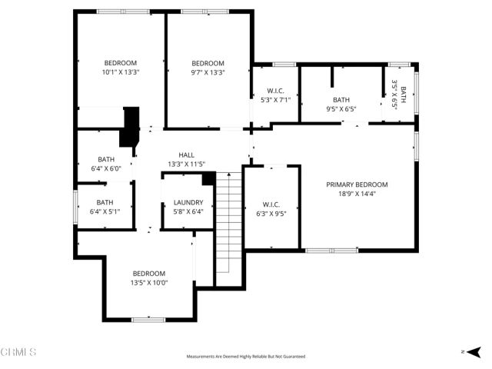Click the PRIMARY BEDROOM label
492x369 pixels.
click(357, 184)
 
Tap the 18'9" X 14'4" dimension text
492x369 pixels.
click(357, 194)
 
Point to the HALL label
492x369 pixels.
click(186, 155)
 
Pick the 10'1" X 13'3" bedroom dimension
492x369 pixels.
click(121, 72)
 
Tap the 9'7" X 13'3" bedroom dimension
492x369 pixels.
click(208, 72)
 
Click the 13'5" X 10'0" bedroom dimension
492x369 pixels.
click(149, 283)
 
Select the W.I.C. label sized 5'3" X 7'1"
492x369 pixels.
click(274, 91)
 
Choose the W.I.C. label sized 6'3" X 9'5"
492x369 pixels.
click(271, 204)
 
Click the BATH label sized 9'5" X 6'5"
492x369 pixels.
click(341, 100)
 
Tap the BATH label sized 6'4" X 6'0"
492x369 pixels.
click(105, 159)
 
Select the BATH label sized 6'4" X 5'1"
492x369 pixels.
click(105, 203)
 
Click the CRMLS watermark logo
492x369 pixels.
click(18, 352)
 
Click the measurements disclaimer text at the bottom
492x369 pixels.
click(246, 357)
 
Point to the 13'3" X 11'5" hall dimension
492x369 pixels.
click(186, 164)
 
